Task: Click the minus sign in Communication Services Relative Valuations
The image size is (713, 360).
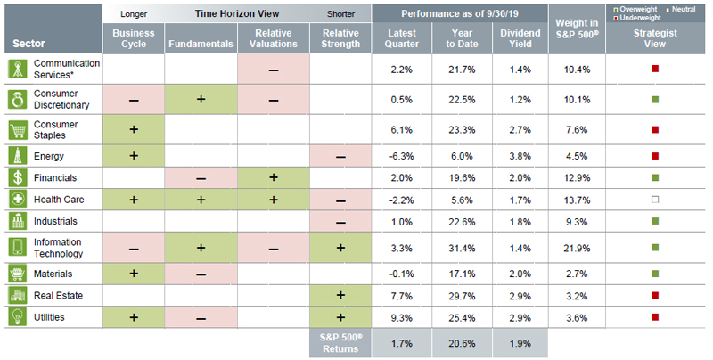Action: point(273,70)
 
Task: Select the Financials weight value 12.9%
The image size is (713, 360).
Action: point(575,178)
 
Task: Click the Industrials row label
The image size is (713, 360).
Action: point(55,220)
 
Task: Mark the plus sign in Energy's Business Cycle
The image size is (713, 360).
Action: point(134,155)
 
